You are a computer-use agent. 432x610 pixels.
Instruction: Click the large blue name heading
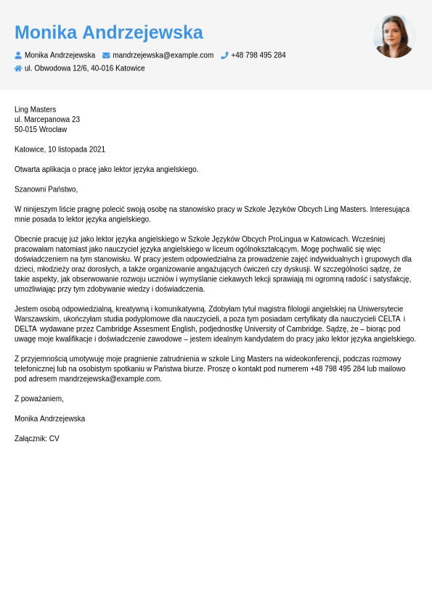[109, 33]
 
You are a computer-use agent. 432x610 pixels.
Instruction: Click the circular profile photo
[394, 36]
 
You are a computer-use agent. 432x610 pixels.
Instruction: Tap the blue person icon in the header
[18, 55]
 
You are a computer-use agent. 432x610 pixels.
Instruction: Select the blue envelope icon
[106, 55]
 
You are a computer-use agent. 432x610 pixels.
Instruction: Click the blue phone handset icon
[224, 55]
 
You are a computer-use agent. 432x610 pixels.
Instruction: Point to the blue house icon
[18, 68]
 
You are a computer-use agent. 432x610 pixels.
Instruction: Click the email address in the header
[163, 55]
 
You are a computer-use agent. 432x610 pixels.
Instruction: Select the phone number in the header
[258, 55]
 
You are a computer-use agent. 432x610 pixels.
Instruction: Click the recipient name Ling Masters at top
[35, 110]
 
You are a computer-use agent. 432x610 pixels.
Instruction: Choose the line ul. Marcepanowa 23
[47, 120]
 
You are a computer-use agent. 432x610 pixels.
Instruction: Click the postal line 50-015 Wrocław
[41, 130]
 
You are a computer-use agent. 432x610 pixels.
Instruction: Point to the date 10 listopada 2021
[76, 149]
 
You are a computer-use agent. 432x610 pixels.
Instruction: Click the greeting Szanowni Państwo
[46, 189]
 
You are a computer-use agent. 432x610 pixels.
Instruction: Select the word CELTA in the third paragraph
[390, 319]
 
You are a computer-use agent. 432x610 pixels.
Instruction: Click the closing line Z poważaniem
[39, 399]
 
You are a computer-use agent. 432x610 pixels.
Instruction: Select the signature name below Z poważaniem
[49, 419]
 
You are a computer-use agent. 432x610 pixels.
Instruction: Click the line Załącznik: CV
[37, 439]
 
